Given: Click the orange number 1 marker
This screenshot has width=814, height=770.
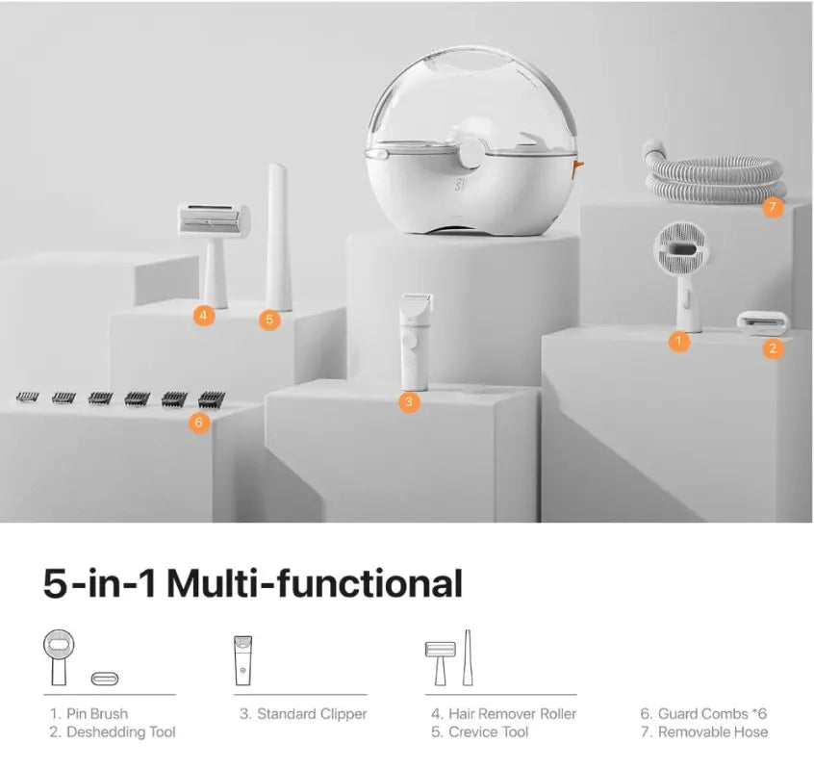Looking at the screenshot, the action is click(x=678, y=341).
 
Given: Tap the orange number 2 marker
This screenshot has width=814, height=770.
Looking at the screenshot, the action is click(x=773, y=347).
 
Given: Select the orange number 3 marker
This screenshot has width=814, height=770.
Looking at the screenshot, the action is click(x=409, y=402).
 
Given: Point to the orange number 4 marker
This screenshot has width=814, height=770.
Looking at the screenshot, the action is click(x=204, y=315).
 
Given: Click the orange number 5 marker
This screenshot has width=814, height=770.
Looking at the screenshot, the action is click(x=269, y=320).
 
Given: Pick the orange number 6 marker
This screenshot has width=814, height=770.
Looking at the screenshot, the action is click(x=198, y=423).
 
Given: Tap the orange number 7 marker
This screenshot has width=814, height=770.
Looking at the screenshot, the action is click(x=773, y=207).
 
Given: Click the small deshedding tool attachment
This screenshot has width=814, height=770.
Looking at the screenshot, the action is click(x=762, y=320).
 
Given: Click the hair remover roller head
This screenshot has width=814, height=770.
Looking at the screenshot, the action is click(x=214, y=220).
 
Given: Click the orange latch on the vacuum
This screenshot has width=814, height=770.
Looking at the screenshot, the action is click(x=578, y=167).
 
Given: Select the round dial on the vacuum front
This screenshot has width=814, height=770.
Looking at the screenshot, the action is click(x=471, y=154).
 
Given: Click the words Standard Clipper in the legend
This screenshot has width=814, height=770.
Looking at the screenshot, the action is click(x=312, y=714).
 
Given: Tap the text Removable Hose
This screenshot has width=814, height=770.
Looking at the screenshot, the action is click(x=713, y=732).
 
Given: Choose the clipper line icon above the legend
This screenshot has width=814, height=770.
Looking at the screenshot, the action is click(x=242, y=660).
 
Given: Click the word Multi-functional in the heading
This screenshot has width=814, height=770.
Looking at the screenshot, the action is click(x=315, y=583).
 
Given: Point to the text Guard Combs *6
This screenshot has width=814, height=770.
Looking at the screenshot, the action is click(x=712, y=714).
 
